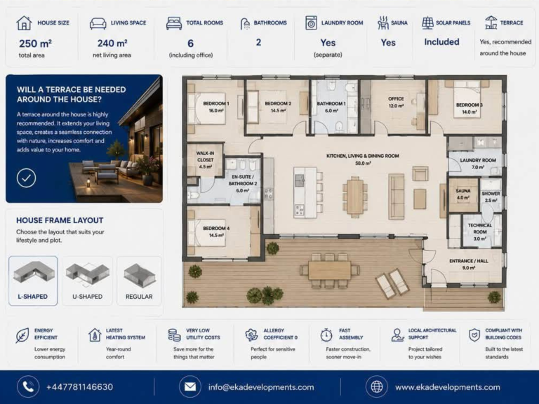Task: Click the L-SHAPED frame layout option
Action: (x=33, y=281)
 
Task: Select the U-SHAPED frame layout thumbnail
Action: (x=87, y=281)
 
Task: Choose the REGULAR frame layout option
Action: (x=139, y=281)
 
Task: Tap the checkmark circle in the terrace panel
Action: (x=26, y=178)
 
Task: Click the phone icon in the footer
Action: (x=28, y=387)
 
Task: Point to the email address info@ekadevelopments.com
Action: (x=261, y=387)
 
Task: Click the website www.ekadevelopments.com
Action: (x=448, y=387)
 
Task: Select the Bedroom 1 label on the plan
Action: (x=216, y=107)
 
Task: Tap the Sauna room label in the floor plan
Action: (x=463, y=194)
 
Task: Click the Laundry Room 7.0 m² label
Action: (x=478, y=163)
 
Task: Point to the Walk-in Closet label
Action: (x=205, y=160)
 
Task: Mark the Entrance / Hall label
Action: (x=469, y=264)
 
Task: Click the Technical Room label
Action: (x=480, y=232)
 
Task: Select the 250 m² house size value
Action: (x=35, y=43)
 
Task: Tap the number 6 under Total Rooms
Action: (x=190, y=43)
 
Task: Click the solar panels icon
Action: (x=427, y=22)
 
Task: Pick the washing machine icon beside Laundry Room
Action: (x=311, y=23)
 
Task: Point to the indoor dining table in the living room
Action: (x=355, y=196)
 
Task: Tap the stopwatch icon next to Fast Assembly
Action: (x=326, y=335)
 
